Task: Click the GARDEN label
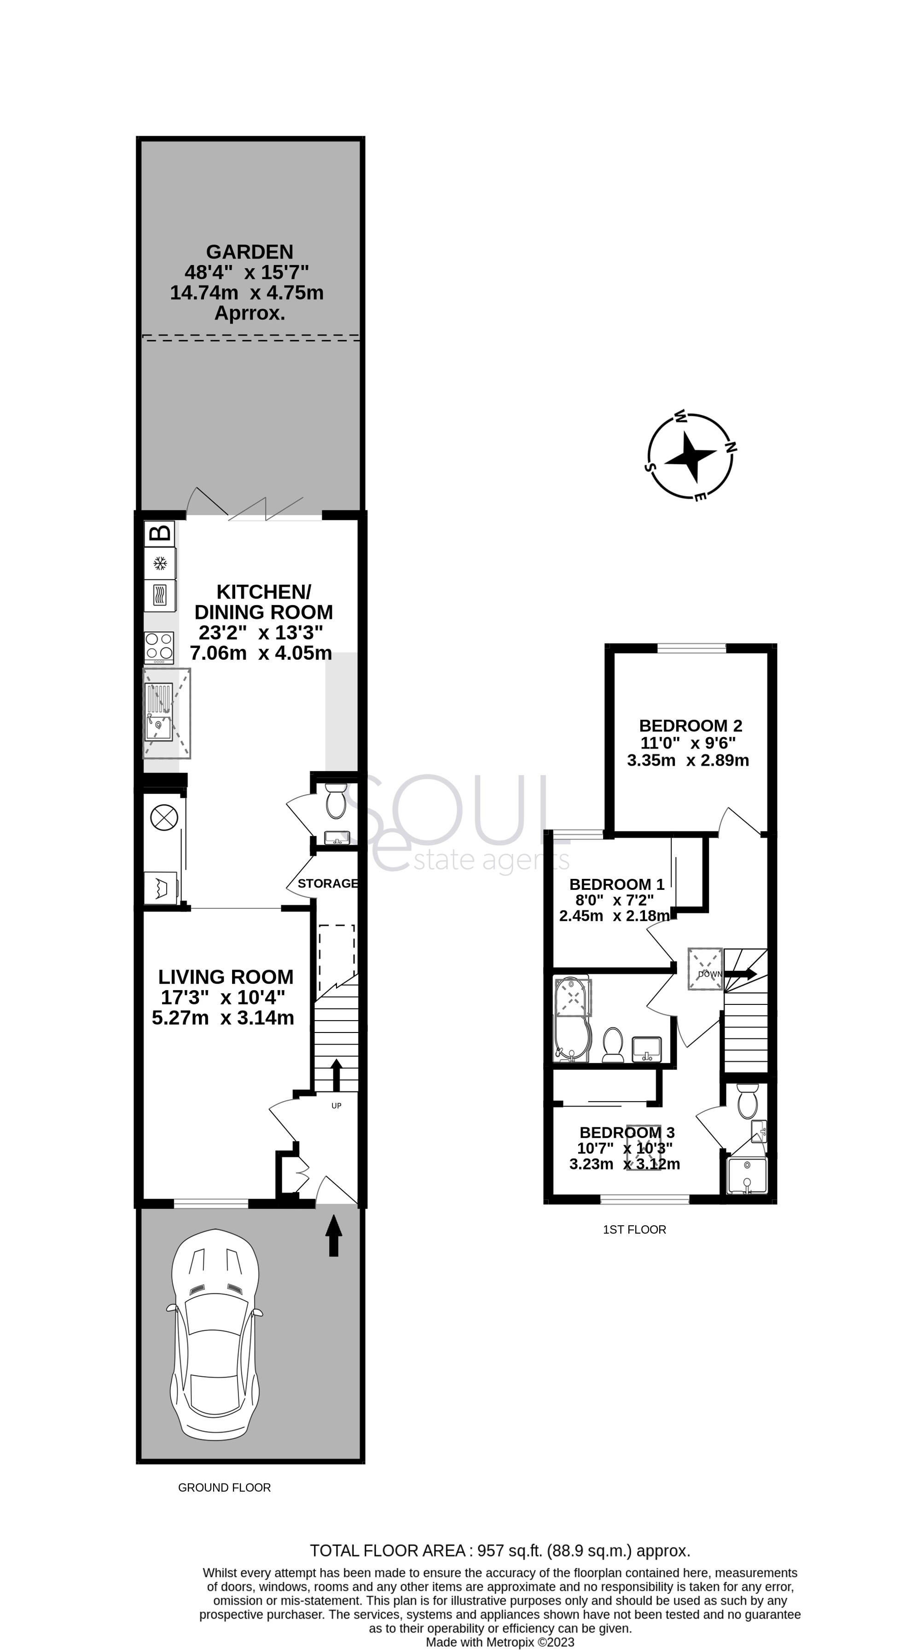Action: pos(249,252)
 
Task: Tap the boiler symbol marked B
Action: pos(160,532)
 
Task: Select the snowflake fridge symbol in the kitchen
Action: pos(160,564)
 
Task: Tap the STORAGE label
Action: pos(327,883)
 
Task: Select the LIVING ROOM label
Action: pos(226,977)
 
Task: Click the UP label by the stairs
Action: pos(337,1106)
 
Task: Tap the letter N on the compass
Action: pos(731,447)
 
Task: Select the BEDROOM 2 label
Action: pos(691,726)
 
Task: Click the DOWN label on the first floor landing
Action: pos(709,974)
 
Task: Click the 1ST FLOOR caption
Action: pos(634,1229)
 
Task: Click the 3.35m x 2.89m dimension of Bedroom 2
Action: pos(687,760)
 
